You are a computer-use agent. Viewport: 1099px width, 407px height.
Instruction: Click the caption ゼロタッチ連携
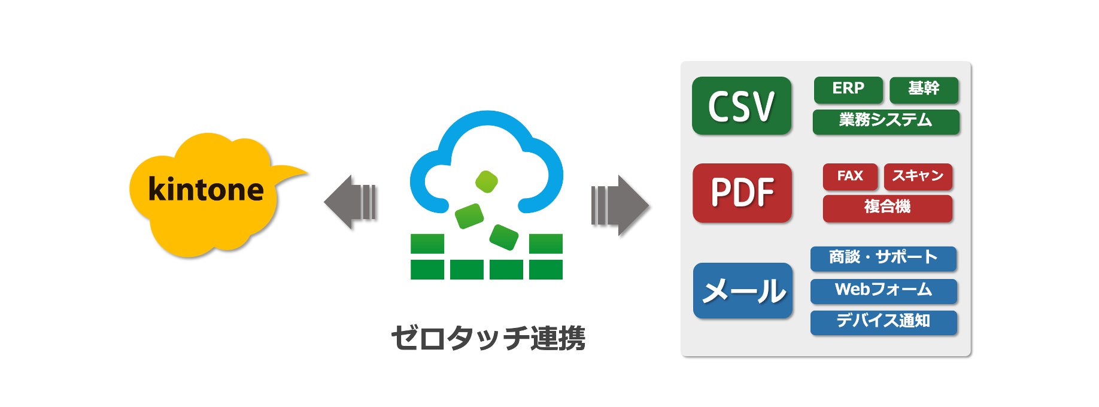(x=488, y=338)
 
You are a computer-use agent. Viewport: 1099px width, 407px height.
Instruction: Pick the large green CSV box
(x=742, y=106)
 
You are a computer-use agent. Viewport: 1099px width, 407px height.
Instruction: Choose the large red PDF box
(x=742, y=193)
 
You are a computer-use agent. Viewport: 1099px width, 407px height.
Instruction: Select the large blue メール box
(x=743, y=291)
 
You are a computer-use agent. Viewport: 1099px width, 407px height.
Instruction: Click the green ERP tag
(x=848, y=89)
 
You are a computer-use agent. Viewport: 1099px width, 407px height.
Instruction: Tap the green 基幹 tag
(x=924, y=89)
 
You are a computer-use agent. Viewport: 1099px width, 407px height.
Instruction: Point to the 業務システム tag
(x=886, y=121)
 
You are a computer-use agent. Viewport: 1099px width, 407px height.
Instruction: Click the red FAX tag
(x=850, y=177)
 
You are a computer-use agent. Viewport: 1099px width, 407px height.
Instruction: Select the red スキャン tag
(x=918, y=177)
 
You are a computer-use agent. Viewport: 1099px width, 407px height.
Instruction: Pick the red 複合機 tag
(x=887, y=208)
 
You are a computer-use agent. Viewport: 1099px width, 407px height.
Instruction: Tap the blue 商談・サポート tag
(x=884, y=258)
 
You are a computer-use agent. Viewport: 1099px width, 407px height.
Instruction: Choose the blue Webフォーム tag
(x=884, y=290)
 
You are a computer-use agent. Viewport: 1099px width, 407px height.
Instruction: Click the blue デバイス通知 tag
(x=884, y=322)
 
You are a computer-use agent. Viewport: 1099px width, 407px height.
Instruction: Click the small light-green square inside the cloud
(x=487, y=181)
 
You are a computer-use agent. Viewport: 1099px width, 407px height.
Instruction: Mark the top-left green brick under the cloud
(x=427, y=244)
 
